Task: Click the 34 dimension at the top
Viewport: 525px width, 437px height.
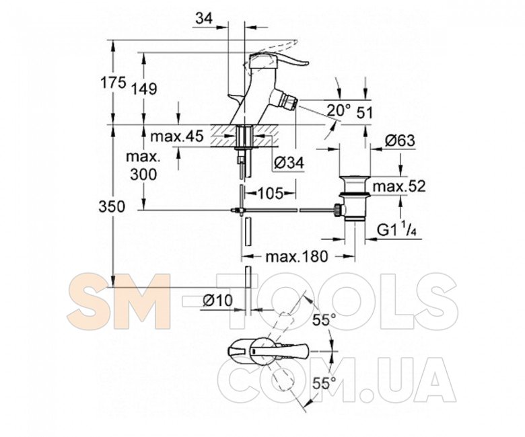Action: pos(204,19)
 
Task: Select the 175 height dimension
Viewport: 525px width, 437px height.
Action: pos(113,83)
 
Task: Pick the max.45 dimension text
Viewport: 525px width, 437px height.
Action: pos(176,136)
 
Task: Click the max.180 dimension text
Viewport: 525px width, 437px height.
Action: pos(295,256)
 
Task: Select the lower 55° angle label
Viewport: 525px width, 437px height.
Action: pos(325,384)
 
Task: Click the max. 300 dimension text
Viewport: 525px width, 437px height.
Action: pos(144,166)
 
